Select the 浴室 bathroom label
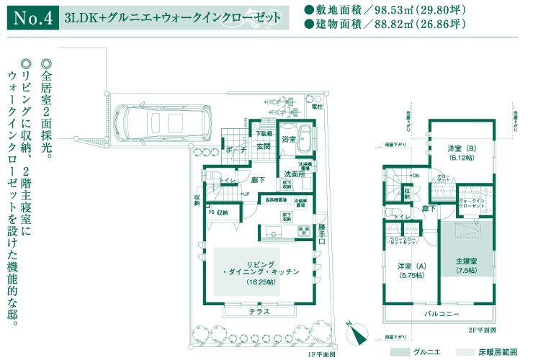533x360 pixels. coord(289,139)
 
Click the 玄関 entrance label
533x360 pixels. coord(263,147)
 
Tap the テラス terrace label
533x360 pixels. coord(259,311)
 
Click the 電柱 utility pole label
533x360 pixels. coord(318,107)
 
